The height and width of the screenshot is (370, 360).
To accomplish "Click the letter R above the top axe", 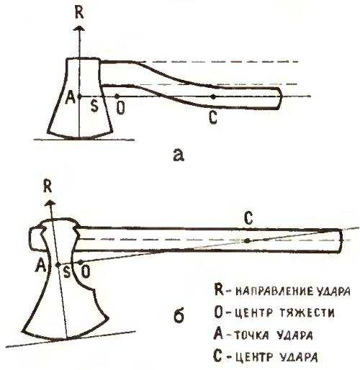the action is (x=79, y=13).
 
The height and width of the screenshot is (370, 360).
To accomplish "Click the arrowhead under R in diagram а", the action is (x=79, y=28).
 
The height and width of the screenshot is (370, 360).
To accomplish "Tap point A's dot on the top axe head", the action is (x=79, y=96).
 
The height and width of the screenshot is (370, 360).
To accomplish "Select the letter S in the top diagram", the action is (x=94, y=106).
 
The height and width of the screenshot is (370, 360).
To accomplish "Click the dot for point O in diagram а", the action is (x=117, y=96).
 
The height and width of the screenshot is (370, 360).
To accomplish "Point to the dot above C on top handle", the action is (x=213, y=96).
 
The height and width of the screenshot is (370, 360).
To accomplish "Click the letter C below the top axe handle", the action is (x=213, y=117).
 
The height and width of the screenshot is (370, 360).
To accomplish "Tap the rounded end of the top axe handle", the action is (x=279, y=99).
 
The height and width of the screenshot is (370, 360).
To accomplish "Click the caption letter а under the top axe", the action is (x=179, y=155).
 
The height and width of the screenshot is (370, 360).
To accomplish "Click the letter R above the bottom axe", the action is (x=48, y=186).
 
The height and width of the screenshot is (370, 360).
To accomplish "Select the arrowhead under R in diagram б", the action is (x=50, y=203).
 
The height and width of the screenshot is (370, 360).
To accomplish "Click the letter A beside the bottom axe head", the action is (x=40, y=266).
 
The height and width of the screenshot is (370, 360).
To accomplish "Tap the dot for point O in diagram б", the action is (x=81, y=261).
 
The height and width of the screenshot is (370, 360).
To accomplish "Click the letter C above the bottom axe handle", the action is (x=248, y=218).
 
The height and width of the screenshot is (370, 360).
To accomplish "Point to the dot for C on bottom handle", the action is (x=248, y=240).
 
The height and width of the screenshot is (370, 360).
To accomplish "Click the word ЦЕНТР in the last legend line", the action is (x=254, y=357).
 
